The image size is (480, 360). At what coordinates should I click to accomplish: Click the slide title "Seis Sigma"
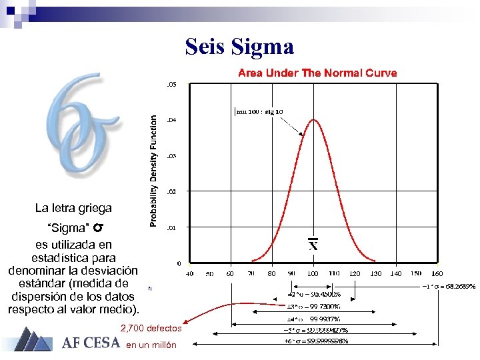(239, 47)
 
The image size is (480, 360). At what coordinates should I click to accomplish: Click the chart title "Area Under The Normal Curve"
(317, 73)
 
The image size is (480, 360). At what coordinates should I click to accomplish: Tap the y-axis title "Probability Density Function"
(153, 170)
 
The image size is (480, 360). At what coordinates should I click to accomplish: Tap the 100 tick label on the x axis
(313, 273)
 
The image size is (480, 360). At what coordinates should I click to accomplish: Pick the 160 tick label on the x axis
(437, 273)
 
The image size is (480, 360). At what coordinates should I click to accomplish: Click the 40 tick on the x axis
(189, 273)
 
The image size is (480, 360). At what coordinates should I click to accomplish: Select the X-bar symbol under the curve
(313, 245)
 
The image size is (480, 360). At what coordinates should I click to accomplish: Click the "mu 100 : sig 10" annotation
(259, 111)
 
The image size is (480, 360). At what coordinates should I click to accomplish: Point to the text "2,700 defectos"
(146, 328)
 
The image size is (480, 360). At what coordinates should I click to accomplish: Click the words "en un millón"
(151, 345)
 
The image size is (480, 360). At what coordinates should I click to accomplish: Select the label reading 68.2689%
(449, 286)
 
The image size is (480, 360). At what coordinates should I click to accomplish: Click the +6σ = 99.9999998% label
(316, 341)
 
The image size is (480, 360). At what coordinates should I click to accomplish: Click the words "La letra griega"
(73, 208)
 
